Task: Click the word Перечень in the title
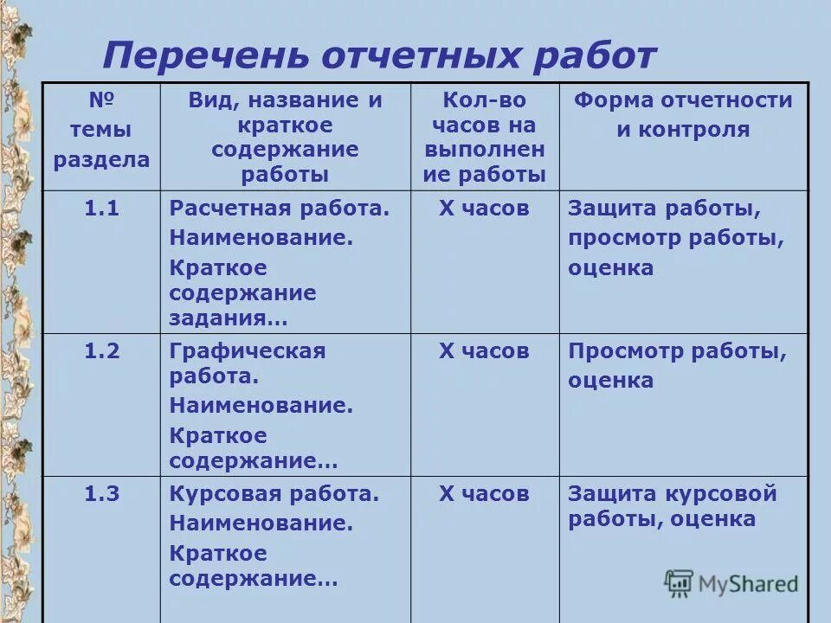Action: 205,57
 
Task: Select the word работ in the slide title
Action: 596,57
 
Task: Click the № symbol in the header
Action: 101,100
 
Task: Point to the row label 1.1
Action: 101,209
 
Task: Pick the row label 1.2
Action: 101,350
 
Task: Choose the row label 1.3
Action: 101,494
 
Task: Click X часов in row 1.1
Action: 484,209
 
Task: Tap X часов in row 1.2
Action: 484,350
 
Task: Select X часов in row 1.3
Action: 484,494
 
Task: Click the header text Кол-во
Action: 484,100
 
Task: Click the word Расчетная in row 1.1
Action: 229,209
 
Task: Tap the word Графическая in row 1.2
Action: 248,350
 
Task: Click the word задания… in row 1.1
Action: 229,318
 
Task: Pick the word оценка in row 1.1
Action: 611,267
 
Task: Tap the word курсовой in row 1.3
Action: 721,494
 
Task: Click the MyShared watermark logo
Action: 731,583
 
